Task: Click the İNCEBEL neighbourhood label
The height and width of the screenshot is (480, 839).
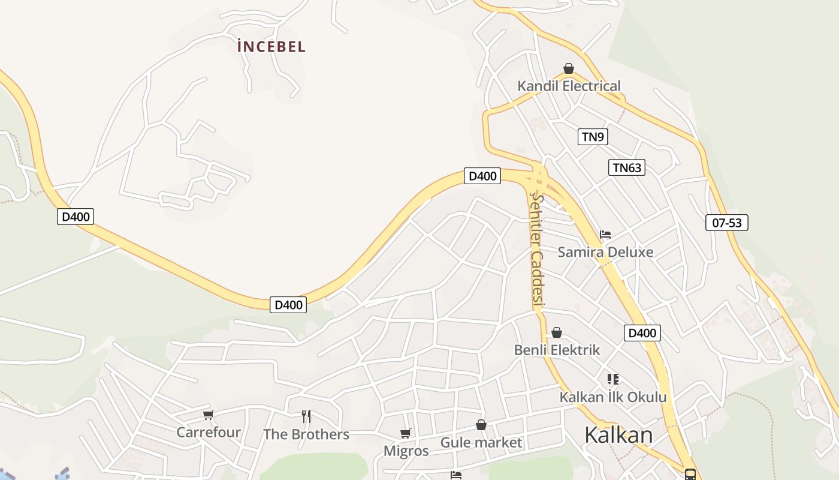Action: tap(271, 46)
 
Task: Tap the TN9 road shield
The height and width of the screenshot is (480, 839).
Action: tap(593, 137)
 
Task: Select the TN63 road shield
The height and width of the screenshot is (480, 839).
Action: tap(627, 167)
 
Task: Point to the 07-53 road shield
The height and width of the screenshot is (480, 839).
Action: tap(726, 223)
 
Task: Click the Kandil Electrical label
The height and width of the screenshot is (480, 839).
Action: tap(569, 86)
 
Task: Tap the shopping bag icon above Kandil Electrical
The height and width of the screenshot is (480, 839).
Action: tap(569, 68)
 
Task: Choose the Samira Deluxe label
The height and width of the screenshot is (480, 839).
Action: tap(605, 251)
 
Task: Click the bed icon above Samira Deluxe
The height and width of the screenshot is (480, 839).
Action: tap(605, 235)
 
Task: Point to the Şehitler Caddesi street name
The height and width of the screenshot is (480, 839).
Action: tap(537, 251)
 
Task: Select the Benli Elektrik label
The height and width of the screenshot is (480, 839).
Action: tap(557, 350)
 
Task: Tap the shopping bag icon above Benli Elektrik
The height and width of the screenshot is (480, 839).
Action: tap(557, 332)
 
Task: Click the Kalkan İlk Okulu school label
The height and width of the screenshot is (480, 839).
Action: tap(612, 397)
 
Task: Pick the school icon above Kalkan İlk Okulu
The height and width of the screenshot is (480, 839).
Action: tap(612, 379)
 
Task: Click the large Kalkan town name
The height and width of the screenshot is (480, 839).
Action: tap(618, 434)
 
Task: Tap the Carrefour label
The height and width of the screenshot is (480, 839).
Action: tap(209, 432)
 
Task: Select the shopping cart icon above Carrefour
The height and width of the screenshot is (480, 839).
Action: tap(209, 415)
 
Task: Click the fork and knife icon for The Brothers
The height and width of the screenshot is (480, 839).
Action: tap(306, 416)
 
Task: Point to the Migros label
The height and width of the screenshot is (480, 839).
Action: tap(406, 451)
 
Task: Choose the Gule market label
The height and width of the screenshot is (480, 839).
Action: tap(481, 443)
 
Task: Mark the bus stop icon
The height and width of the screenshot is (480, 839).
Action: tap(690, 475)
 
